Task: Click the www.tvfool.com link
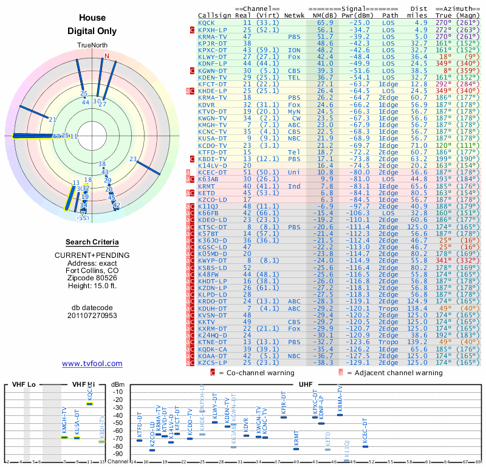(92, 364)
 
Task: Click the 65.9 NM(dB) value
(324, 22)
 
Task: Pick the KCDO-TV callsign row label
(212, 145)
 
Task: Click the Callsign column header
(214, 15)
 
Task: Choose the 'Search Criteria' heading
(92, 242)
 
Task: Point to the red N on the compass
(107, 56)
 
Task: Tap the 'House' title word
(92, 18)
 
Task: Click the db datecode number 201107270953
(92, 316)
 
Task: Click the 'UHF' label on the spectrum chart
(306, 384)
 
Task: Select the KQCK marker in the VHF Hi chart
(90, 404)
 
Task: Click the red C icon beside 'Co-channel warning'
(213, 372)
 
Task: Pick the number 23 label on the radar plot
(133, 159)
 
